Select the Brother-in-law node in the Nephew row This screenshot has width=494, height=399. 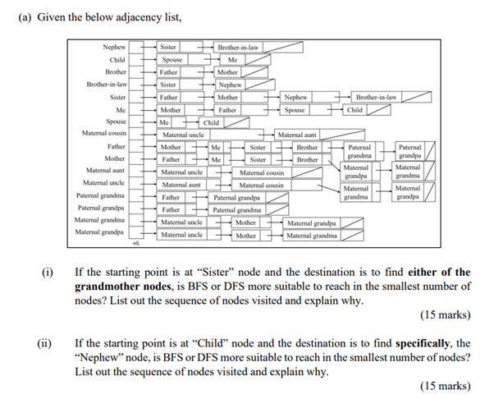[237, 48]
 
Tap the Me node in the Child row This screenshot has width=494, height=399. [232, 60]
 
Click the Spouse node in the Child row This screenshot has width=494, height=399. [172, 60]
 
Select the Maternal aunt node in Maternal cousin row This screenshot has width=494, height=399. [297, 134]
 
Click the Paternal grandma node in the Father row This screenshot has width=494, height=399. [359, 151]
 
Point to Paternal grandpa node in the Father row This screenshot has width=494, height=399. [409, 151]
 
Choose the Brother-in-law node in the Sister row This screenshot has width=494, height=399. [376, 97]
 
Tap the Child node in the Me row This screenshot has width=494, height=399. [355, 109]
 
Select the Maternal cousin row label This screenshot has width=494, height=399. [104, 133]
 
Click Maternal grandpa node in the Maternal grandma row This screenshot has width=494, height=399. [312, 222]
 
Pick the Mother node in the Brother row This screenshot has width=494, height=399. [227, 72]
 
